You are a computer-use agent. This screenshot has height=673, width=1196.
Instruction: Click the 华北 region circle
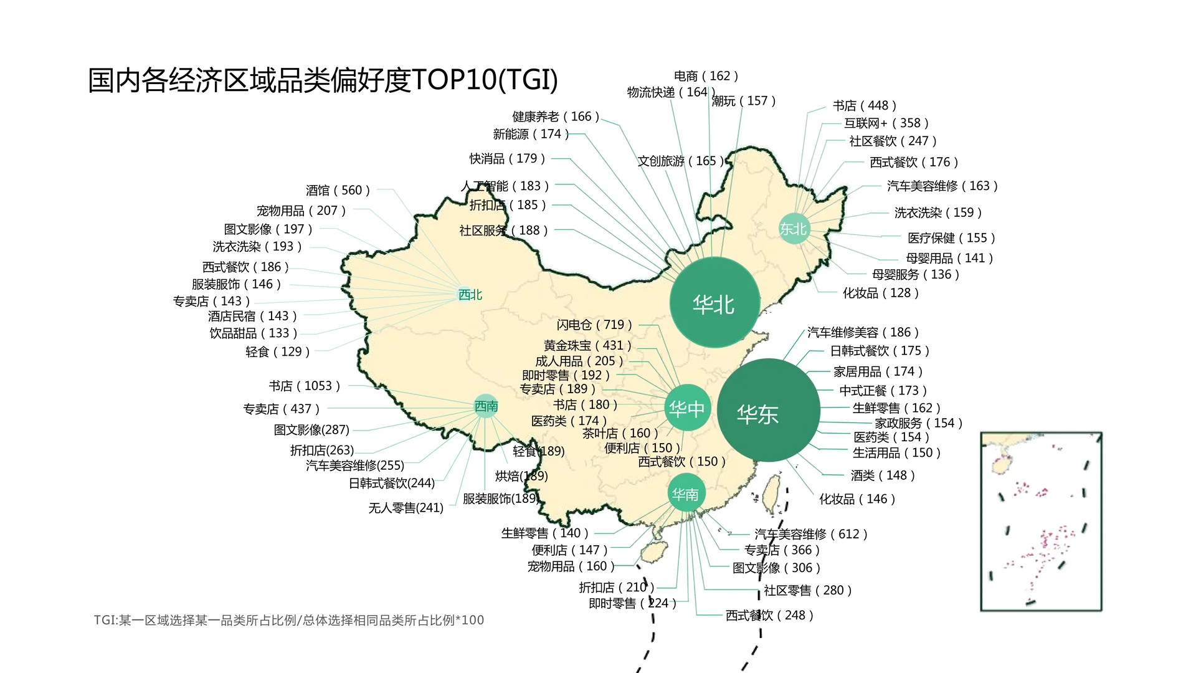714,303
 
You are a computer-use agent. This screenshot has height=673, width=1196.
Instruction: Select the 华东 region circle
768,411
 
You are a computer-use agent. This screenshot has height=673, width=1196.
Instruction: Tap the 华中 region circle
687,409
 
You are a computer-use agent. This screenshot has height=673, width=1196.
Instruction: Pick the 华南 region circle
685,494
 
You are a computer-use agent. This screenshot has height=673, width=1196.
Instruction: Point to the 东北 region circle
794,229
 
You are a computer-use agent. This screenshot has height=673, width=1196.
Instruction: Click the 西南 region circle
486,406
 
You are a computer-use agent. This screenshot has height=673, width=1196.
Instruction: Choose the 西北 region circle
470,295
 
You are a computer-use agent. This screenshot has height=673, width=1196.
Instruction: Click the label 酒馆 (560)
338,190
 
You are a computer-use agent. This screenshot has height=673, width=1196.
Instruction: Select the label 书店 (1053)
304,386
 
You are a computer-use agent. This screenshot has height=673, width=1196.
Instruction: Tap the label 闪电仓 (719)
594,325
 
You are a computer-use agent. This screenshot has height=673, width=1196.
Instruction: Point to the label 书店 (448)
865,105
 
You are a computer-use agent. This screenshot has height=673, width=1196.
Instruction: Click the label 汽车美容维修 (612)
810,534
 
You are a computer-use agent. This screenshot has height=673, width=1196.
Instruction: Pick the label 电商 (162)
706,76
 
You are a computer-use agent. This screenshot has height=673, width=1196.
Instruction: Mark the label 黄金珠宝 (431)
587,345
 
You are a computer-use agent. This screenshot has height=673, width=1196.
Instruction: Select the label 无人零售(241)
406,508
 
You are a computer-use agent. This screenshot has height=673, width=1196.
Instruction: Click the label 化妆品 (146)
857,499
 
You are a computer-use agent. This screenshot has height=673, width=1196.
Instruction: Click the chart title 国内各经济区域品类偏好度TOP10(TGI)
323,80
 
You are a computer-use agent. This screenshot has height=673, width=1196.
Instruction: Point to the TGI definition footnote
288,620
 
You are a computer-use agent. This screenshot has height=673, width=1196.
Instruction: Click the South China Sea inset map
1041,521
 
